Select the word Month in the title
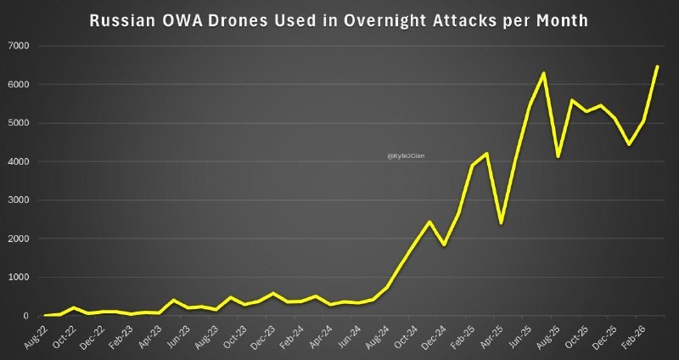[558, 20]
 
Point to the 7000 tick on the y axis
[14, 46]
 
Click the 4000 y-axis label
[14, 161]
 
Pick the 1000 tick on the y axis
[14, 277]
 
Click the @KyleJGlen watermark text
[406, 156]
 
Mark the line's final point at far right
[657, 66]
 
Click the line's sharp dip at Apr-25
[501, 222]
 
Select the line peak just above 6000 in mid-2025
[543, 73]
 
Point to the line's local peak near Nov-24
[429, 222]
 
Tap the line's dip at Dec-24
[444, 245]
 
